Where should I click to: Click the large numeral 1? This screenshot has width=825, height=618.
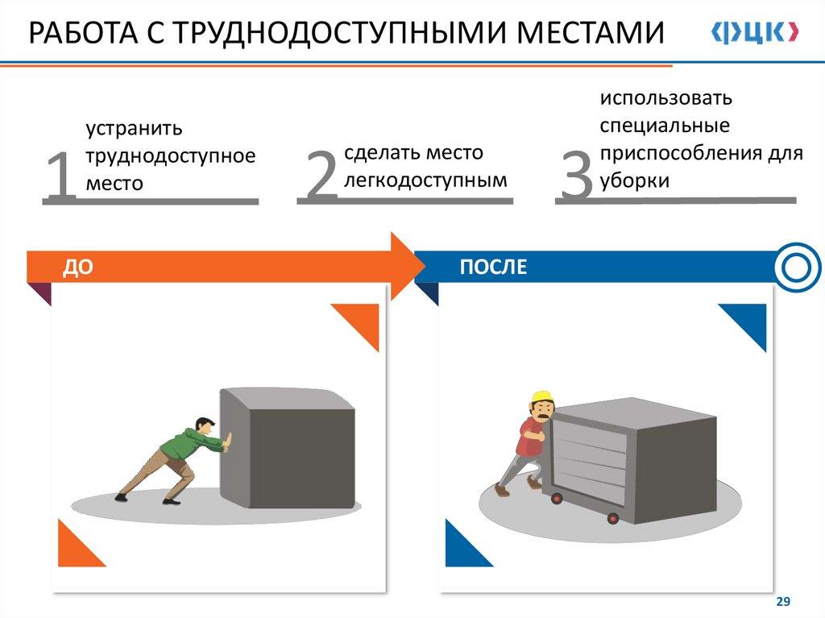[60, 176]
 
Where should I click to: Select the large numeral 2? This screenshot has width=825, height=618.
[320, 176]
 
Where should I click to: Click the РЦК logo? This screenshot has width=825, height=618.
[754, 33]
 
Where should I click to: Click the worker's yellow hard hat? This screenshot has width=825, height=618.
[541, 396]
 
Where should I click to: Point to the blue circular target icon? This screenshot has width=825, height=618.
[795, 267]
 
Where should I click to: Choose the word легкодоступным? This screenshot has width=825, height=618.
[425, 180]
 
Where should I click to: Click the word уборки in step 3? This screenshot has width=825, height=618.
[634, 180]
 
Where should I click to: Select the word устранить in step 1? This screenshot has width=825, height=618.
[135, 129]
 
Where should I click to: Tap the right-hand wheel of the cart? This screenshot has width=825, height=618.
[612, 518]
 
